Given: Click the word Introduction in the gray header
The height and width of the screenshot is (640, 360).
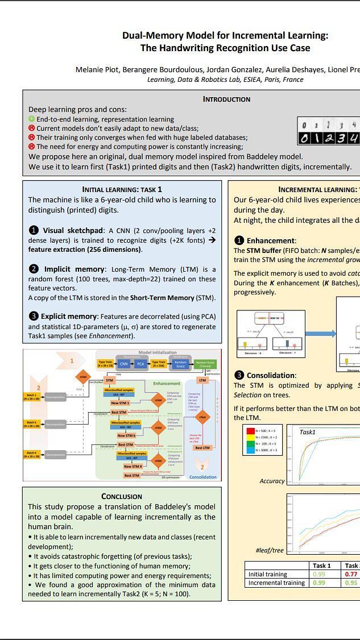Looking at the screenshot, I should [x=226, y=99].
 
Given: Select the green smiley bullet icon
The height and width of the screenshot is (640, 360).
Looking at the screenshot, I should [x=32, y=119].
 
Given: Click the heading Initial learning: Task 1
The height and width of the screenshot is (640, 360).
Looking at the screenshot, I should [x=122, y=189].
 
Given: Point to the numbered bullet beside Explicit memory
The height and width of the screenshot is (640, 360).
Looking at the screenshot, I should [x=34, y=316].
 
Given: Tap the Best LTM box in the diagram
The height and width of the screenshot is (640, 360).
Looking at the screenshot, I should [x=202, y=448].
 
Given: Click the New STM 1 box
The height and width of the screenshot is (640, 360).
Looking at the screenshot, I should [x=119, y=403].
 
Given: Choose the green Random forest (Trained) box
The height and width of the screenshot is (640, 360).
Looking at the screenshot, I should [x=205, y=364].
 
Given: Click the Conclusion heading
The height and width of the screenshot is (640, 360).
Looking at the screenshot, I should [x=122, y=496].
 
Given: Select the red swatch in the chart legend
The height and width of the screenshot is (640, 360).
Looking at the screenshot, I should [x=250, y=431].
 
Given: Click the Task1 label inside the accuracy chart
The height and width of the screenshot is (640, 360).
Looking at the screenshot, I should [x=308, y=432].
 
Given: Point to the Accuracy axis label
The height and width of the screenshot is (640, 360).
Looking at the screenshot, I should [x=272, y=481].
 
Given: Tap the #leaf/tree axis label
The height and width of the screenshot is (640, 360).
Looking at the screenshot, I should [x=270, y=550].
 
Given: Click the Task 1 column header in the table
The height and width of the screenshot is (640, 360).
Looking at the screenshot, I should [x=321, y=566].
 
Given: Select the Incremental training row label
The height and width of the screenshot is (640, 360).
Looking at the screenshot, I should [x=276, y=583].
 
